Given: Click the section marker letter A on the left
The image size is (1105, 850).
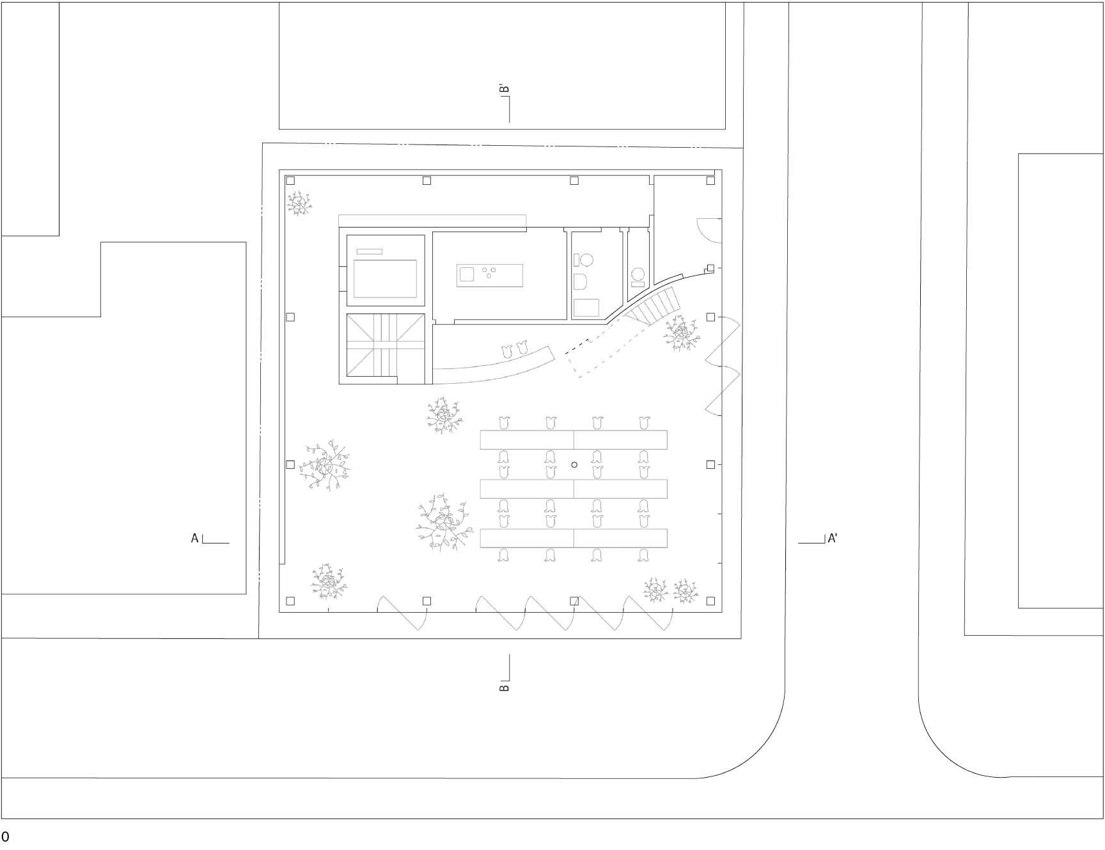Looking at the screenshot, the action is point(195,539).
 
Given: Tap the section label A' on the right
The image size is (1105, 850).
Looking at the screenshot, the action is point(833,539).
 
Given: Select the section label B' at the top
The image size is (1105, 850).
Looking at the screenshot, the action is point(504,90).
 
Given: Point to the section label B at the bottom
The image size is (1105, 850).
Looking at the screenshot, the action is point(504,688).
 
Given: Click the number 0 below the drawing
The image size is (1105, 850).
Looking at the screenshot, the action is point(5,837).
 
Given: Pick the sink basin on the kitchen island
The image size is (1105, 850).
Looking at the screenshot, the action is point(466,275).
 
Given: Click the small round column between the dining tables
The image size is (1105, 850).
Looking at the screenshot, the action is point(574,465).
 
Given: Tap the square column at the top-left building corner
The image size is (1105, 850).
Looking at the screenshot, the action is point(290,181).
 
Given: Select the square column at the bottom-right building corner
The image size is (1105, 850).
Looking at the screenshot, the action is point(710,601).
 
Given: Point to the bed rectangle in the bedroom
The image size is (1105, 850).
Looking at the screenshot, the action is point(385,278).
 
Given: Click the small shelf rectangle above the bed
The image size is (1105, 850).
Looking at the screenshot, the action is point(369,251).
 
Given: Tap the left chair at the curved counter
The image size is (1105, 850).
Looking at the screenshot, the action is point(508,350).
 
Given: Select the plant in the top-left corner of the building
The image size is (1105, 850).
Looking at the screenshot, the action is point(299,203).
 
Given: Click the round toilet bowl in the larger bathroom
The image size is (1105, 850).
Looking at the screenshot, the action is point(586,260).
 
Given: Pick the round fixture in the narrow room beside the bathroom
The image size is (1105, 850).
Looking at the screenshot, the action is point(638,274).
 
